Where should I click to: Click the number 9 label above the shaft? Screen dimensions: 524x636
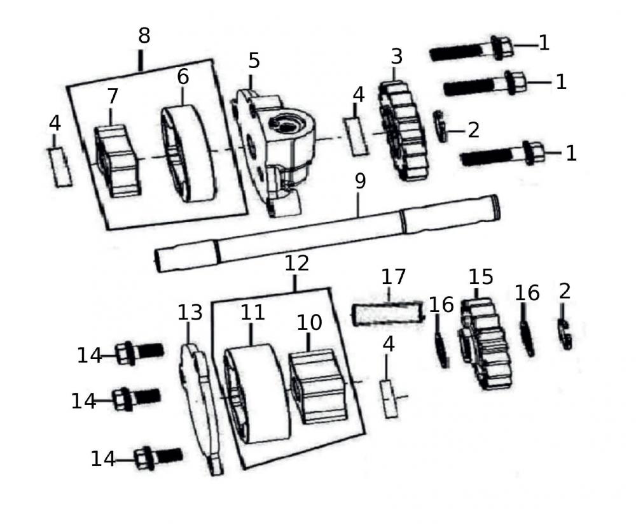pos(360,181)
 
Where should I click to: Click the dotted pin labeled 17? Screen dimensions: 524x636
pos(387,313)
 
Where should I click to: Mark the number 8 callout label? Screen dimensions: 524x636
pos(144,36)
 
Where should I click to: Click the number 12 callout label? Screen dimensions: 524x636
pos(296,263)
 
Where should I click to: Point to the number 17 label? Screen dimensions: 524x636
pos(394,277)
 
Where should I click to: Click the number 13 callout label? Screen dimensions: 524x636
pos(190,312)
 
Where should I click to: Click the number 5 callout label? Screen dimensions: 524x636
pos(253,61)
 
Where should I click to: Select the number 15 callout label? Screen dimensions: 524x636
pos(481,277)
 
